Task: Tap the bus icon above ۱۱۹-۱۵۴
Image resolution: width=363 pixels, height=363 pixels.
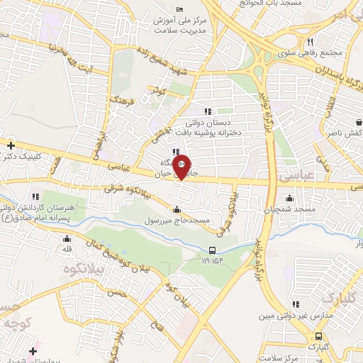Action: point(213,250)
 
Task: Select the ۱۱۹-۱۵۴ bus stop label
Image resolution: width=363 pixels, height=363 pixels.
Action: point(213,261)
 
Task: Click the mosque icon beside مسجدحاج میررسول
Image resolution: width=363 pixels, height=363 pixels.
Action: point(177,209)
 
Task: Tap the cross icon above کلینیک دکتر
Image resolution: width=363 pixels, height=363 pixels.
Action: point(11,145)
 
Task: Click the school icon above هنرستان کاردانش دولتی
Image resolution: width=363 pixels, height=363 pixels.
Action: point(35,196)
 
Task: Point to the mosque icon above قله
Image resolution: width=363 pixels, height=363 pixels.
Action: point(68,239)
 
